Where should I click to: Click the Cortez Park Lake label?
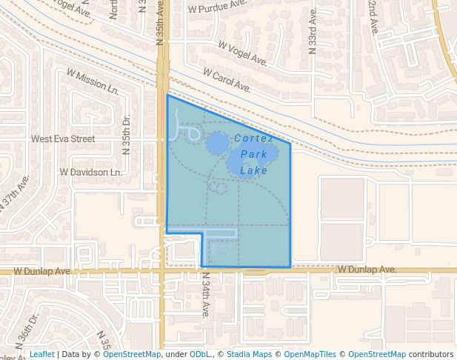[x=254, y=154]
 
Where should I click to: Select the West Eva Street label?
[x=63, y=139]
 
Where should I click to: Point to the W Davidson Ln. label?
[x=90, y=173]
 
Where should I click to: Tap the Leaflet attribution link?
[x=41, y=354]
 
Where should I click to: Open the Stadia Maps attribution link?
[x=249, y=354]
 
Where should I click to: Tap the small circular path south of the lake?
[x=219, y=188]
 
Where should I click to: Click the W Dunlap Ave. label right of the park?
[x=367, y=270]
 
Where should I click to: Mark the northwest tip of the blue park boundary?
[x=167, y=95]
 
